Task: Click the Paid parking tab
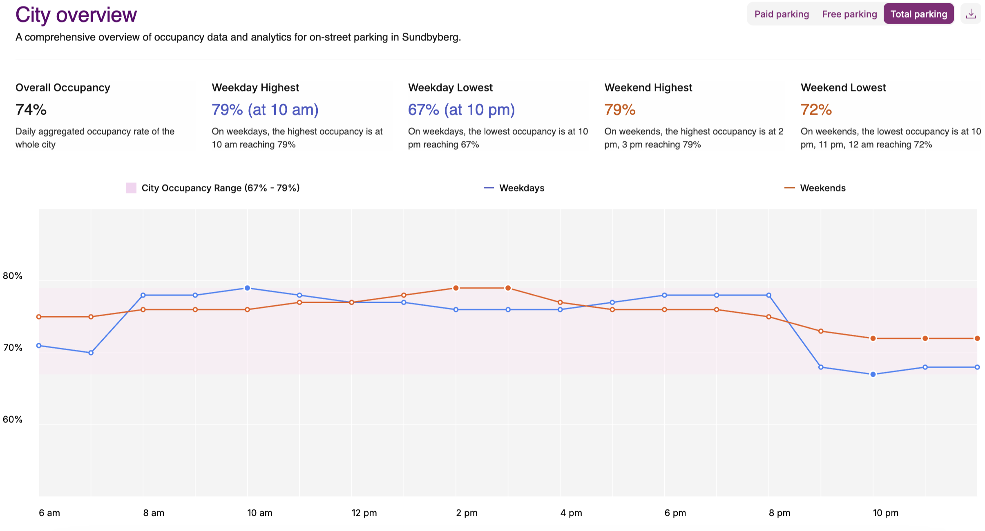coord(781,14)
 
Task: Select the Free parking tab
coord(849,14)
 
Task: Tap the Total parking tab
coord(918,14)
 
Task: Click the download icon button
coord(971,14)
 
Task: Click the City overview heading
coord(76,15)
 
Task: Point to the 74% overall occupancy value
coord(31,110)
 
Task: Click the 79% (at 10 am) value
coord(265,110)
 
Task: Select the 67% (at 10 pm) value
coord(461,110)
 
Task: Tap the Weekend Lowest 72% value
coord(816,110)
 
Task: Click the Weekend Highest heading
coord(648,88)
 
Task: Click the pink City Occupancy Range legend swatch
coord(131,188)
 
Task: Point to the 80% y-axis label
coord(13,276)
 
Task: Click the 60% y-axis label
coord(13,420)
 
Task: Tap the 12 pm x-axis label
coord(364,513)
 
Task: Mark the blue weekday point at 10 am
coord(247,288)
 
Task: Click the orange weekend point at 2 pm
coord(456,288)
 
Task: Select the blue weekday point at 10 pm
coord(873,374)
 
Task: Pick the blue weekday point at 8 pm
coord(769,295)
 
